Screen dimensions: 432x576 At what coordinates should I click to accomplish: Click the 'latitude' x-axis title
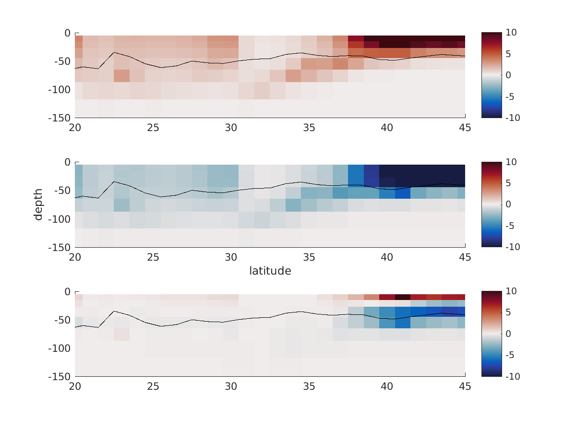[x=270, y=271]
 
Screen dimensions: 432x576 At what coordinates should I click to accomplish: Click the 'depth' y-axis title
[x=38, y=204]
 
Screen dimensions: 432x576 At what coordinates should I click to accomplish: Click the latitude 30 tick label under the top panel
[x=231, y=128]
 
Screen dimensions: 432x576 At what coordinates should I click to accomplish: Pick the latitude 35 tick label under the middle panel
[x=309, y=257]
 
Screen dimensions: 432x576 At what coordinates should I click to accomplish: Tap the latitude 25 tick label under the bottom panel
[x=153, y=387]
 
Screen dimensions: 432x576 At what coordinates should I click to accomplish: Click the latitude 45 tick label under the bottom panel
[x=465, y=387]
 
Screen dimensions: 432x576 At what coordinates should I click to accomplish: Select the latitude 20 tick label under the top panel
[x=75, y=128]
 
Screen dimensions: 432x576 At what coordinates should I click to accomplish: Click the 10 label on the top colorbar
[x=511, y=33]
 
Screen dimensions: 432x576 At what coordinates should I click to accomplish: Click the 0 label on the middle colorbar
[x=509, y=204]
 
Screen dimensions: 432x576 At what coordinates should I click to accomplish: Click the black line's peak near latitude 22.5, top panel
[x=114, y=52]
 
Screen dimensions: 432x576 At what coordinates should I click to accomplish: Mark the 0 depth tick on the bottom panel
[x=67, y=292]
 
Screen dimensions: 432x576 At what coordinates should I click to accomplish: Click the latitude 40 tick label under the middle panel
[x=387, y=257]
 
